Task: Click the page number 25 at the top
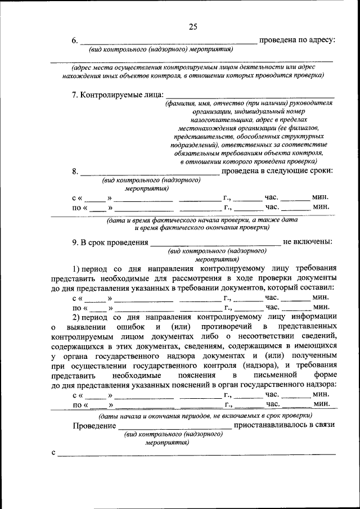click(x=193, y=26)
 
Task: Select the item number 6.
click(x=75, y=40)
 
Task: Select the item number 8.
click(x=75, y=171)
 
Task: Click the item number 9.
click(x=75, y=242)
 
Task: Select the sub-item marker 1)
click(x=78, y=268)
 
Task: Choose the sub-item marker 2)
click(x=78, y=317)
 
